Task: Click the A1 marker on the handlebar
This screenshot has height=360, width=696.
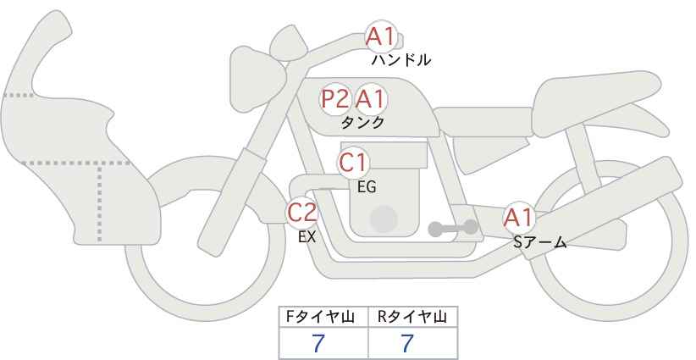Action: click(381, 36)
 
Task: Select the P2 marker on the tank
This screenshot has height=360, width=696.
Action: click(334, 99)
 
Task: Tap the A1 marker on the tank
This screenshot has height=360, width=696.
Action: click(370, 99)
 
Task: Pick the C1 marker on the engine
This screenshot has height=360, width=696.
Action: click(353, 163)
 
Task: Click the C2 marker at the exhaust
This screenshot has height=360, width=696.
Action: click(301, 212)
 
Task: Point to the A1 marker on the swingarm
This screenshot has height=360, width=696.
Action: click(518, 218)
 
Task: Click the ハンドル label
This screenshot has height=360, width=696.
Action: click(400, 60)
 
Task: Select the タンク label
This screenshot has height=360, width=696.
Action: click(362, 122)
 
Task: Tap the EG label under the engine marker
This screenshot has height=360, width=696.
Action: click(367, 187)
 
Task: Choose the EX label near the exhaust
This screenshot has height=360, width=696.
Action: click(307, 237)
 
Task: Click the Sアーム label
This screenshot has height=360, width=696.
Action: click(539, 242)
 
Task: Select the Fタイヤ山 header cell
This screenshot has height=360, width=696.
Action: click(323, 317)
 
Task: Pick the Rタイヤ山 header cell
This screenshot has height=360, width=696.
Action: click(413, 317)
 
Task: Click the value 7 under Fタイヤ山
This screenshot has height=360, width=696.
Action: click(318, 343)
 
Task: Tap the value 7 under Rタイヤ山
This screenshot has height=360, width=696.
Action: click(407, 343)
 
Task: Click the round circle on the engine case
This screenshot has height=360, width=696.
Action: click(384, 219)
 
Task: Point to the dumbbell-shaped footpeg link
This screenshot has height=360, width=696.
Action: click(453, 228)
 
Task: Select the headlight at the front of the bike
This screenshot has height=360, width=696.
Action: click(257, 80)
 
